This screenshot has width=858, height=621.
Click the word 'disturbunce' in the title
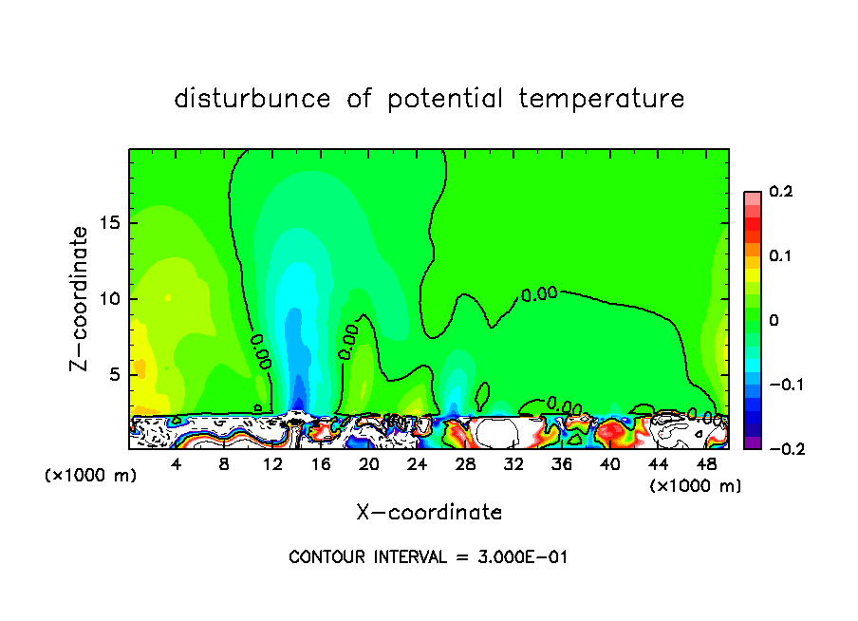coord(252,99)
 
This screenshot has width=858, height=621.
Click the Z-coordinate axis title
coord(82,298)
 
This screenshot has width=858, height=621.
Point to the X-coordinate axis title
coord(429,513)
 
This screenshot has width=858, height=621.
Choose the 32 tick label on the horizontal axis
coord(513,464)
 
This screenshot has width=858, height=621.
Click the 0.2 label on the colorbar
coord(780,192)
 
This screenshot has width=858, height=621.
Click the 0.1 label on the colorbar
coord(780,256)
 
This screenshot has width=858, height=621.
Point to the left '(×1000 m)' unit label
coord(90,476)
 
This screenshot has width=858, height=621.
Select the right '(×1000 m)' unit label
coord(696,485)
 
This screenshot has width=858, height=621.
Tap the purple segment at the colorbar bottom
coord(752,442)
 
